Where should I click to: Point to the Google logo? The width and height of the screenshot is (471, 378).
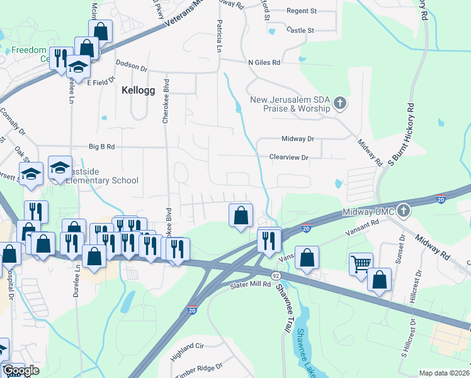[21, 370]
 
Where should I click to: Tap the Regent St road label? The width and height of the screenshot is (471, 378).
[301, 11]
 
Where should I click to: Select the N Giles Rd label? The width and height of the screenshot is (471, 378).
[264, 62]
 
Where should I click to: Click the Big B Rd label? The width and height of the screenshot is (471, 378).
[102, 147]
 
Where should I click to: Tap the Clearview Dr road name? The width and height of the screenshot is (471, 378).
[288, 157]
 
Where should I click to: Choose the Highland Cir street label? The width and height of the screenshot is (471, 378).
[188, 347]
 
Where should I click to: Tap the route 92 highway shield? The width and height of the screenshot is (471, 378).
[276, 277]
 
